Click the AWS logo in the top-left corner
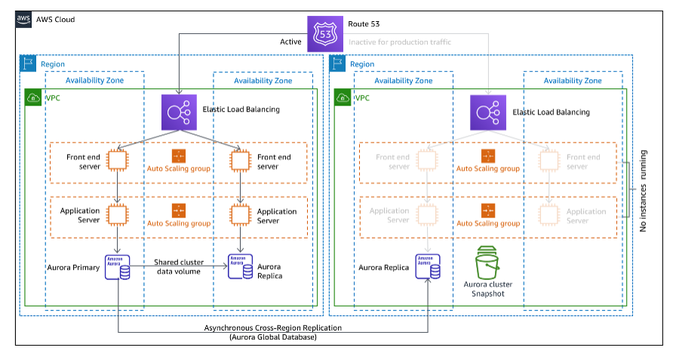click(24, 19)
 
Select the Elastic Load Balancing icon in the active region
click(179, 111)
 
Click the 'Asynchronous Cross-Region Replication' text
click(272, 328)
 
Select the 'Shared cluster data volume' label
click(178, 266)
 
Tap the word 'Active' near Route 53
click(290, 42)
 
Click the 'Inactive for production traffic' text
click(400, 42)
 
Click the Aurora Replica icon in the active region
click(241, 266)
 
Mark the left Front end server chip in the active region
click(118, 160)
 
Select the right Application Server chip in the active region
click(241, 214)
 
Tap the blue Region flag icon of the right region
click(339, 64)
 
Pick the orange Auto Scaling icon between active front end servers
click(179, 156)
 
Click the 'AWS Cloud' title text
click(56, 19)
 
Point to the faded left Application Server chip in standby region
click(429, 214)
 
